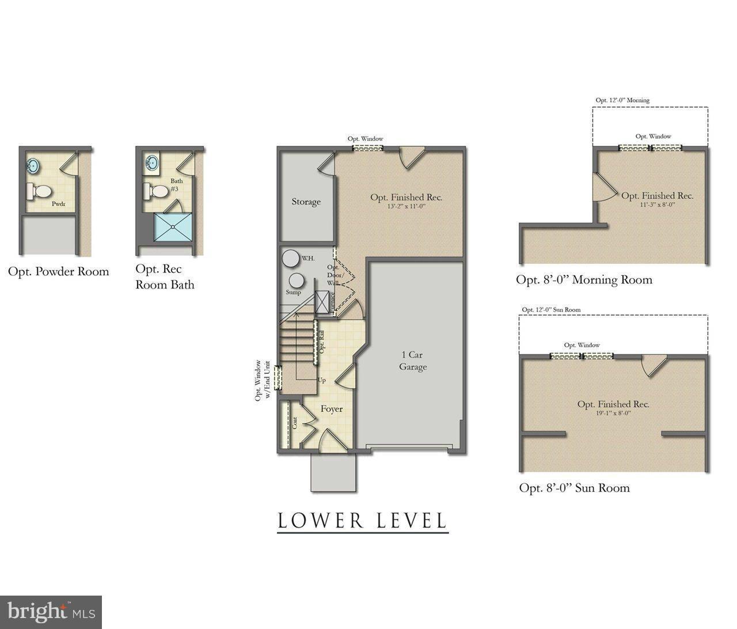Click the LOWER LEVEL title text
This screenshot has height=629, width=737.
pyautogui.click(x=362, y=520)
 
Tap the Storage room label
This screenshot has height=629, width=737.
pyautogui.click(x=306, y=202)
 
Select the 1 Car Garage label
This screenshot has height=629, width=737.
pyautogui.click(x=413, y=361)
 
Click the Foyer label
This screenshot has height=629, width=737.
pyautogui.click(x=332, y=409)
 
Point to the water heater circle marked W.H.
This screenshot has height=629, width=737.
pyautogui.click(x=290, y=258)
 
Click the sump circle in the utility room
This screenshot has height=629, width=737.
pyautogui.click(x=297, y=281)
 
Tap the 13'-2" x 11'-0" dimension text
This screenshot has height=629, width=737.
pyautogui.click(x=406, y=206)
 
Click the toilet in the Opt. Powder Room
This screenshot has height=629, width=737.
pyautogui.click(x=40, y=191)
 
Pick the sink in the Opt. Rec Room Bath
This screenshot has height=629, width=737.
pyautogui.click(x=152, y=162)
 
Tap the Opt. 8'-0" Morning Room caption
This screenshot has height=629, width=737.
pyautogui.click(x=584, y=280)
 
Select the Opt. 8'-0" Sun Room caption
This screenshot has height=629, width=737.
pyautogui.click(x=574, y=488)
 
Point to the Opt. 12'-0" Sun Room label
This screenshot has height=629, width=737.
pyautogui.click(x=551, y=309)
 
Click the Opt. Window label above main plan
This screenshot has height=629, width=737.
pyautogui.click(x=365, y=138)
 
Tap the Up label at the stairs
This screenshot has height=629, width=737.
pyautogui.click(x=321, y=380)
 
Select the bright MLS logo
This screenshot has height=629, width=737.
pyautogui.click(x=51, y=612)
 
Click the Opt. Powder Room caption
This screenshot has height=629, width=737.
pyautogui.click(x=58, y=271)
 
